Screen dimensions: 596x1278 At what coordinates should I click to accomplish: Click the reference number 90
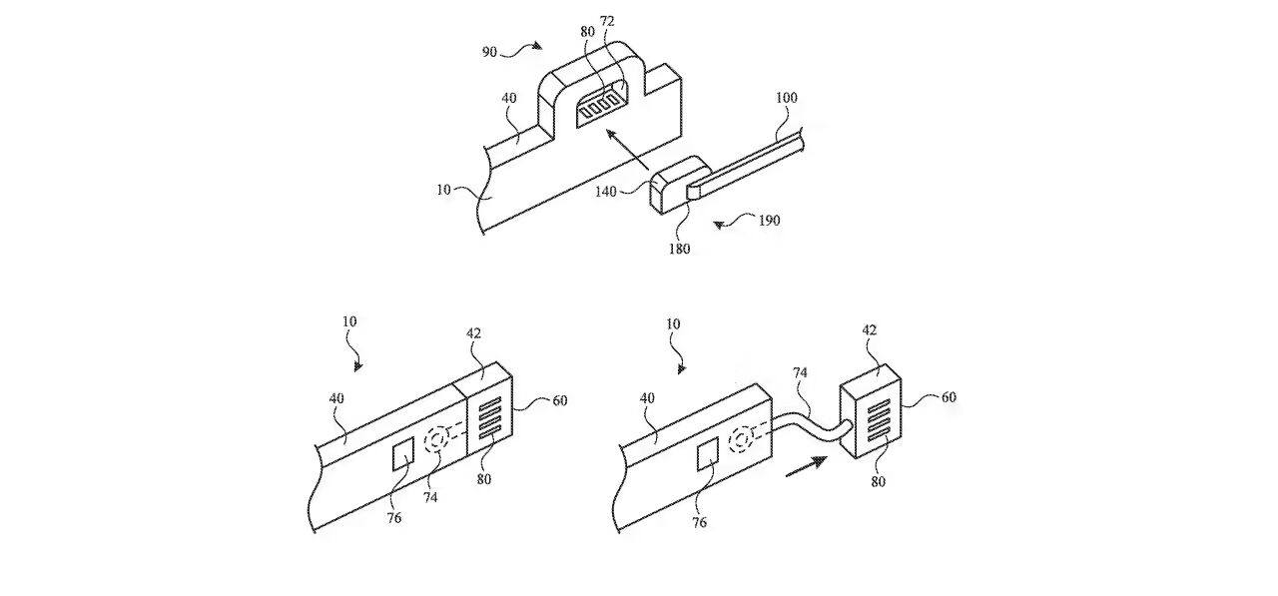(x=490, y=52)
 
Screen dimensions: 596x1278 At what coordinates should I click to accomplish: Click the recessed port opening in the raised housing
(x=602, y=105)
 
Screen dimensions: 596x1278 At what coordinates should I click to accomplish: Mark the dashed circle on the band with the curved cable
(x=744, y=440)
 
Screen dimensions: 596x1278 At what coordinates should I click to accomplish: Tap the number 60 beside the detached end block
(x=949, y=396)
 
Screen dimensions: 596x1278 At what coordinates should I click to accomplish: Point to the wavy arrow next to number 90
(x=527, y=45)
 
